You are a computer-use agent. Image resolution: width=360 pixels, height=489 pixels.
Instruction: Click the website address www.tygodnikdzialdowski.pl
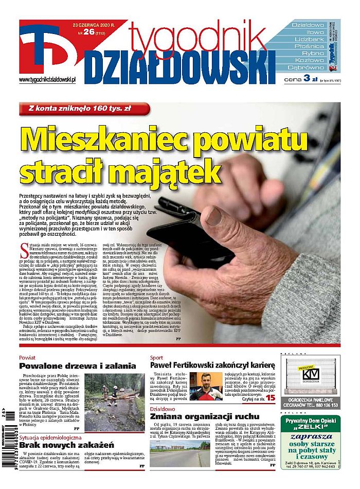coord(47,80)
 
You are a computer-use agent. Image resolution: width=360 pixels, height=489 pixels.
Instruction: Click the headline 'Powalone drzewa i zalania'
coord(78,366)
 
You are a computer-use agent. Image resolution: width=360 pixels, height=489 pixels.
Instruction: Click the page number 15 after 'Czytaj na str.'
coord(271,399)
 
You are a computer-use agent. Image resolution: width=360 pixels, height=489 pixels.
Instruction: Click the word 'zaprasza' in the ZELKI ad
coord(311,434)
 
